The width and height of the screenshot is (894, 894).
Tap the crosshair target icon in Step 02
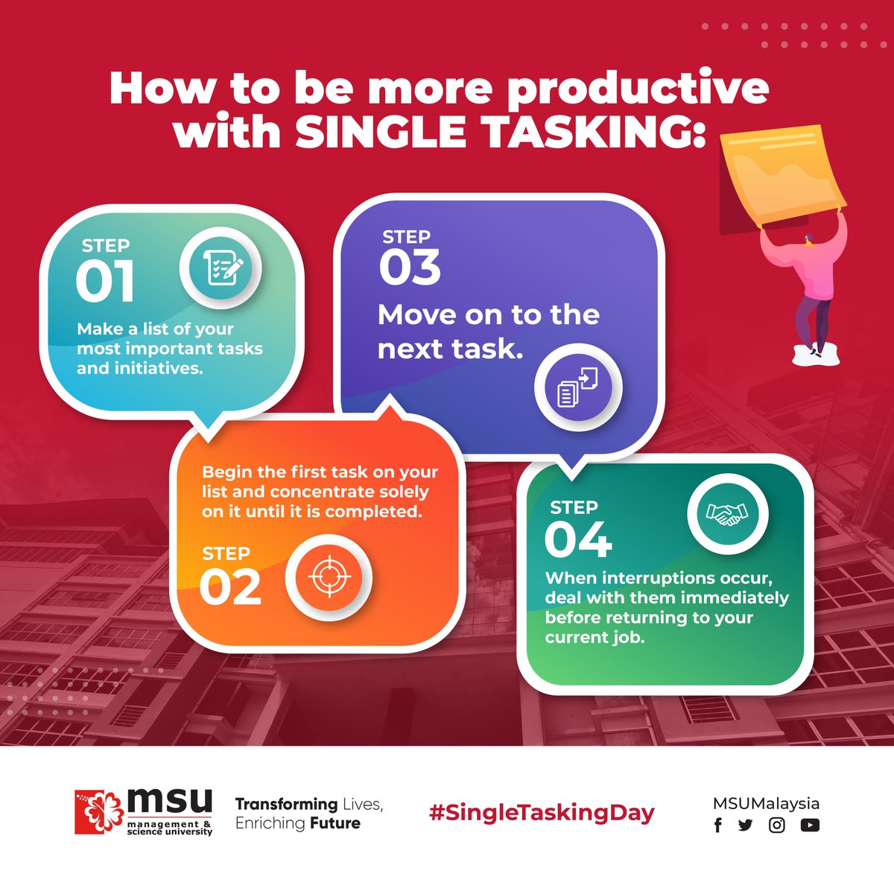(x=329, y=577)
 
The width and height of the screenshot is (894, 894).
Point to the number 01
(x=105, y=282)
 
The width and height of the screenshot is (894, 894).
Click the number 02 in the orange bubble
(x=230, y=589)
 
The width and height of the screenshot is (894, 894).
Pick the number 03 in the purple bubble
(x=410, y=268)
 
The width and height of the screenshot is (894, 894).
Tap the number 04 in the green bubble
(x=578, y=540)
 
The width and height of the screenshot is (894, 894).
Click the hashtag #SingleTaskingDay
(x=542, y=812)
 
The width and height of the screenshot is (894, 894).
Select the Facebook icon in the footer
(x=718, y=825)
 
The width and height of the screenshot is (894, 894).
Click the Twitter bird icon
(x=745, y=825)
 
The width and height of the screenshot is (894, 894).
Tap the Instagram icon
(x=777, y=825)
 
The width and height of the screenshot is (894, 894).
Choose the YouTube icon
(x=810, y=825)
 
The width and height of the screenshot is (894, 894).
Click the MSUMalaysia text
(x=766, y=803)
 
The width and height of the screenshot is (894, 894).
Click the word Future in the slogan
(x=335, y=823)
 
